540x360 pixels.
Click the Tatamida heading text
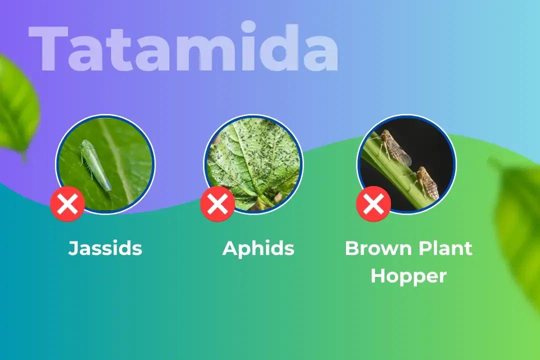point(183,48)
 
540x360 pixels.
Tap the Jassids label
point(105,248)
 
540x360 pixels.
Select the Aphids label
point(258,248)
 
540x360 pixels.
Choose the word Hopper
point(408,275)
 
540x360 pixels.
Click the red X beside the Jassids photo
point(67,203)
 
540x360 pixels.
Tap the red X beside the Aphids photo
point(217,203)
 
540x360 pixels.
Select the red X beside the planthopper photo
point(373,203)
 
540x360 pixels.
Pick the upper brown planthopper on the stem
point(395,147)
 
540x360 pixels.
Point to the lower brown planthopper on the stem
point(427,182)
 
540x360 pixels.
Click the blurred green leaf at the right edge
point(520,220)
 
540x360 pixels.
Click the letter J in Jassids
point(73,248)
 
